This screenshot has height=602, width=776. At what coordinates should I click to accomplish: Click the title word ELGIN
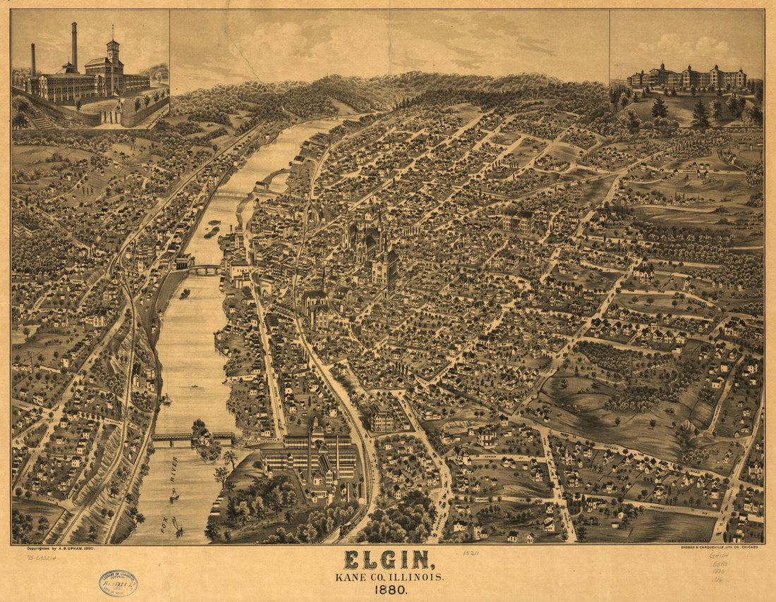387,560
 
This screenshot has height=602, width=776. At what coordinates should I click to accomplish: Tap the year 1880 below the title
387,590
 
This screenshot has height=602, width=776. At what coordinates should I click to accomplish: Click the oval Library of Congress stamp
118,582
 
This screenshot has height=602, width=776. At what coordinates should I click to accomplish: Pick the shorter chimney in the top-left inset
32,59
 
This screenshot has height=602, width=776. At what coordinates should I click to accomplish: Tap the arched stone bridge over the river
204,269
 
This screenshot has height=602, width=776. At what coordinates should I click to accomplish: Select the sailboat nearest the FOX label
177,526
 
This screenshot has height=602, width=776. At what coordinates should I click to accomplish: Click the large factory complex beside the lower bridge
310,458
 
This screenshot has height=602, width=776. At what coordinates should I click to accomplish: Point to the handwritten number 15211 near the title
471,553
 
